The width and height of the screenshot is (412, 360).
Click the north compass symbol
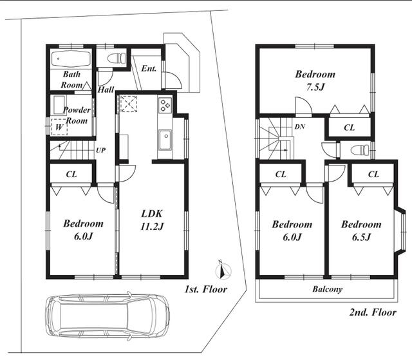click(223, 270)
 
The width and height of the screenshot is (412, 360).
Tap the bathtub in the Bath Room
click(71, 59)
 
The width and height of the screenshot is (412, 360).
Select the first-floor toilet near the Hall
click(117, 58)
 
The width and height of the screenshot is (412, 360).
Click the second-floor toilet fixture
click(360, 151)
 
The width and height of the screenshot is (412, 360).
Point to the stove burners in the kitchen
click(165, 104)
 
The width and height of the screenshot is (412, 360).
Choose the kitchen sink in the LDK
click(165, 140)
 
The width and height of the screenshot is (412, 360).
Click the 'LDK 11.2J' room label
click(152, 220)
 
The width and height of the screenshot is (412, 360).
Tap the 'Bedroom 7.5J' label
click(315, 80)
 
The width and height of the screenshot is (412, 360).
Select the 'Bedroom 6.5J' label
click(361, 231)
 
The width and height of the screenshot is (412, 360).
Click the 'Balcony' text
click(328, 289)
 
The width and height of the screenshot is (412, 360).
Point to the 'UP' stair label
click(101, 150)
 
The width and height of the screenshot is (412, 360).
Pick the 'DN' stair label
click(300, 127)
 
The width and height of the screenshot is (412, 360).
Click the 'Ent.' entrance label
click(149, 68)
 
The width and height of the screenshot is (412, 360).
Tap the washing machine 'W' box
click(59, 127)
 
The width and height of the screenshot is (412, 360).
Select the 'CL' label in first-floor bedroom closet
click(71, 175)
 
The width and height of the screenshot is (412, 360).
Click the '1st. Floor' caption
click(206, 289)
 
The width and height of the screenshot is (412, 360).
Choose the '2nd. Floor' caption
click(373, 312)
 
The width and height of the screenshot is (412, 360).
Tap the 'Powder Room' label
click(77, 115)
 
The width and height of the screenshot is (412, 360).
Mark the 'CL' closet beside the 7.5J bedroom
click(349, 128)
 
